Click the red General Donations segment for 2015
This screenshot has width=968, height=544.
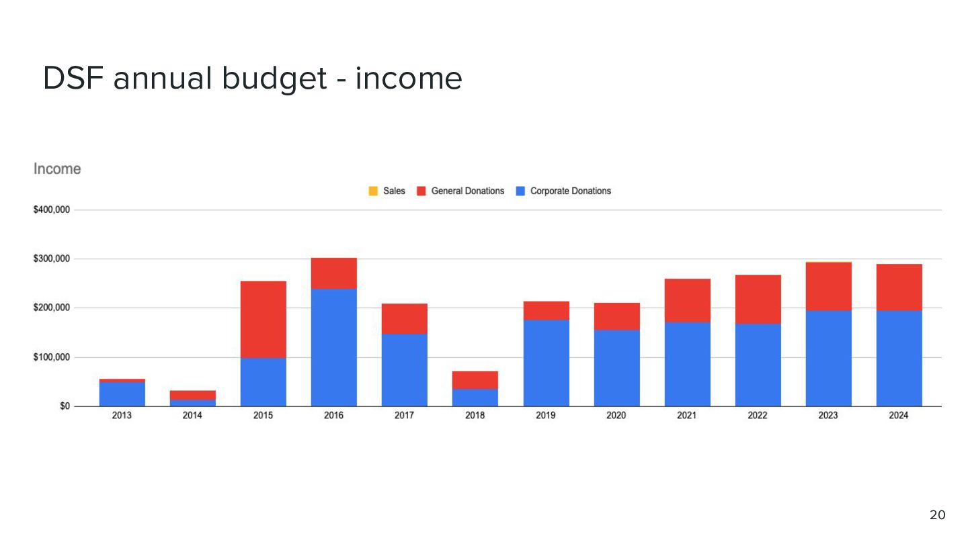(264, 320)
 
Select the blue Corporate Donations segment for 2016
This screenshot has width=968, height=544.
(334, 348)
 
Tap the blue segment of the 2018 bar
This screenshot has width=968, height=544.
(475, 398)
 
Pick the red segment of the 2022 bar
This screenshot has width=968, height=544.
(758, 300)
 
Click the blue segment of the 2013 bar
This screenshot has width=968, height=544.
(122, 394)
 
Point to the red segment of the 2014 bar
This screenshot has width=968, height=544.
(193, 395)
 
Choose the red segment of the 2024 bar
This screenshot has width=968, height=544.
(899, 287)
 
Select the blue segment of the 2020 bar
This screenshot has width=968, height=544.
(616, 368)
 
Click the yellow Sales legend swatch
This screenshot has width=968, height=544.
(373, 191)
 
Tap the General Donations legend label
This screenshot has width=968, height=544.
(468, 191)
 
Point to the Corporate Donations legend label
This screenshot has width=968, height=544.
(571, 191)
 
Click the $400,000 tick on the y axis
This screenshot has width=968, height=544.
(51, 210)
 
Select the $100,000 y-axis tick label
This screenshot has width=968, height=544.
(51, 357)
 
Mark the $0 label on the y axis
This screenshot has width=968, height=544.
(65, 406)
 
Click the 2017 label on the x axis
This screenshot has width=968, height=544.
(404, 415)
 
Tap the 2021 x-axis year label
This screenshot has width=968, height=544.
(687, 415)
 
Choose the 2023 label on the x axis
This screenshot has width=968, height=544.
(828, 415)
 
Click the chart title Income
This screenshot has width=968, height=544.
(57, 169)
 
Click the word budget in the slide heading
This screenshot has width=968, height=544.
(274, 79)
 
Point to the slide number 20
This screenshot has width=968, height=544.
(937, 515)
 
